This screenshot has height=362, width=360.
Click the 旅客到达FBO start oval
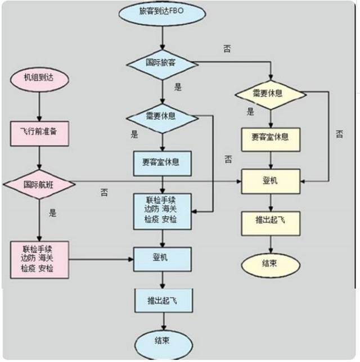162,11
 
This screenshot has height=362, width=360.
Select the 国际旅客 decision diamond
162,62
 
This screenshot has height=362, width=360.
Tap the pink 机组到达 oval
39,79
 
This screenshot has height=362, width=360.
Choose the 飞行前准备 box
39,130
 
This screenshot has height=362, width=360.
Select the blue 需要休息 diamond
162,117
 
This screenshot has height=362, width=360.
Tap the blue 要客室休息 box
162,162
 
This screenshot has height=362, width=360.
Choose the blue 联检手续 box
162,211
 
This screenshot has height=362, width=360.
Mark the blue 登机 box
162,259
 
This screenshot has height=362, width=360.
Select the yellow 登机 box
271,181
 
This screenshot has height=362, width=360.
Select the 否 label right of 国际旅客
227,49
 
